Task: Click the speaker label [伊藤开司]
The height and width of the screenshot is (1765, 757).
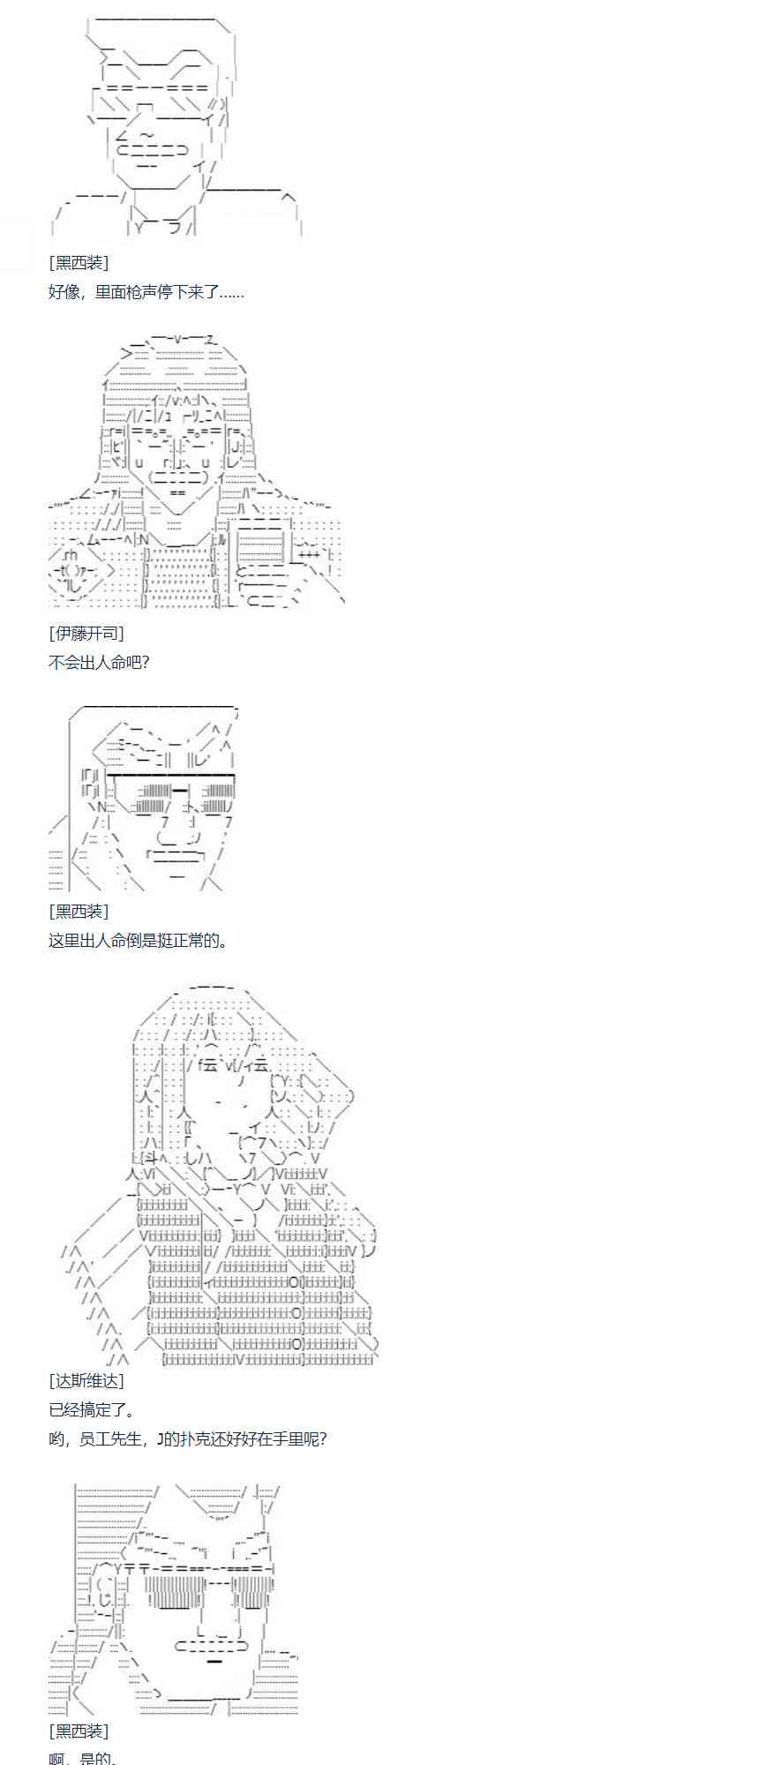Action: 86,633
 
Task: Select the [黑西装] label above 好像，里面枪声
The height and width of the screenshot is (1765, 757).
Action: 79,263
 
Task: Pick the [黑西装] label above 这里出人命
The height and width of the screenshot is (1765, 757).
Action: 79,912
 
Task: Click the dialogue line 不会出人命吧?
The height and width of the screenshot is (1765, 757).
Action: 99,662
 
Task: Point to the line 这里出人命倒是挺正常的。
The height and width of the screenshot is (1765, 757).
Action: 138,941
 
